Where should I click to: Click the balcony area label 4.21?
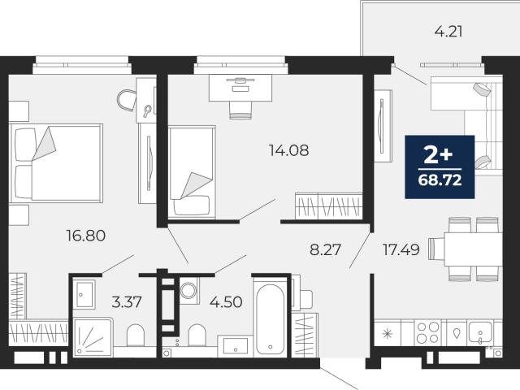[x=448, y=32]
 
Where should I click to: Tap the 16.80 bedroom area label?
[x=86, y=236]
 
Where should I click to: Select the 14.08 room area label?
[x=289, y=150]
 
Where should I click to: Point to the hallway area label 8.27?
[x=325, y=249]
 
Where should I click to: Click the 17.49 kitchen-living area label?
[x=401, y=249]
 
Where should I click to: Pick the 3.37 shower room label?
[x=127, y=302]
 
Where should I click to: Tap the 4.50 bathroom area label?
[x=226, y=302]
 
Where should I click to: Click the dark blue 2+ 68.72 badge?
[x=440, y=167]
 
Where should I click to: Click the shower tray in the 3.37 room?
[x=93, y=337]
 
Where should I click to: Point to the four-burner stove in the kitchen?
[x=428, y=332]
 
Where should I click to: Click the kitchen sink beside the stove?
[x=479, y=332]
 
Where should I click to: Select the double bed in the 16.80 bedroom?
[x=56, y=162]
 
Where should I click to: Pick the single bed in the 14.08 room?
[x=192, y=172]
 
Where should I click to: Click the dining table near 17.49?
[x=472, y=249]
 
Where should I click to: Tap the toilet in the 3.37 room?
[x=136, y=335]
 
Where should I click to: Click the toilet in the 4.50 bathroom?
[x=197, y=335]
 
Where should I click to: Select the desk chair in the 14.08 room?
[x=240, y=110]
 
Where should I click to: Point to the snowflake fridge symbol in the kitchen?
[x=387, y=333]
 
